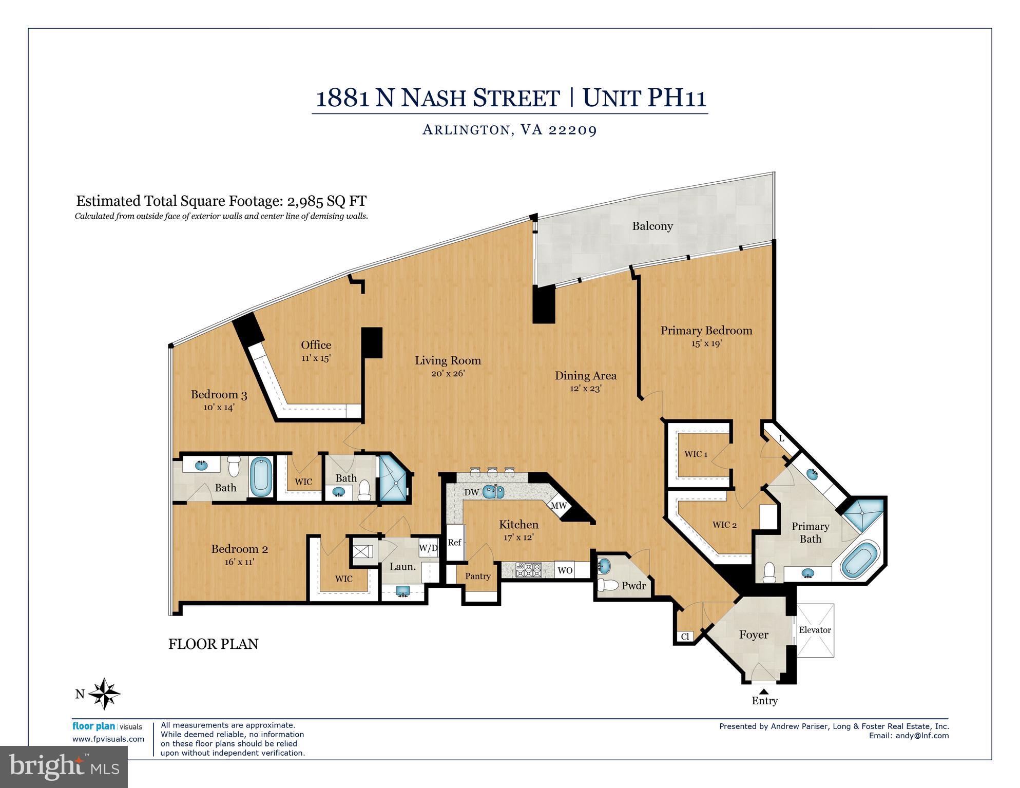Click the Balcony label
click(x=652, y=226)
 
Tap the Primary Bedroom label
click(x=706, y=331)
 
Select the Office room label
click(x=316, y=345)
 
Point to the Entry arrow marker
click(x=764, y=691)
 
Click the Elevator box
click(x=815, y=630)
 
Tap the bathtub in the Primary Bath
click(x=859, y=563)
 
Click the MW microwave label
click(x=559, y=506)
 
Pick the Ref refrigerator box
click(x=454, y=543)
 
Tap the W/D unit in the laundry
click(x=428, y=548)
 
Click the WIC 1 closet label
click(x=696, y=454)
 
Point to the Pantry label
click(x=478, y=576)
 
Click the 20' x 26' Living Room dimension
click(x=448, y=373)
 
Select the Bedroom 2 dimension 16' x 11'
click(x=239, y=562)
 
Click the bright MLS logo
click(x=64, y=767)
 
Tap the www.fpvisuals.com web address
click(x=108, y=739)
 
